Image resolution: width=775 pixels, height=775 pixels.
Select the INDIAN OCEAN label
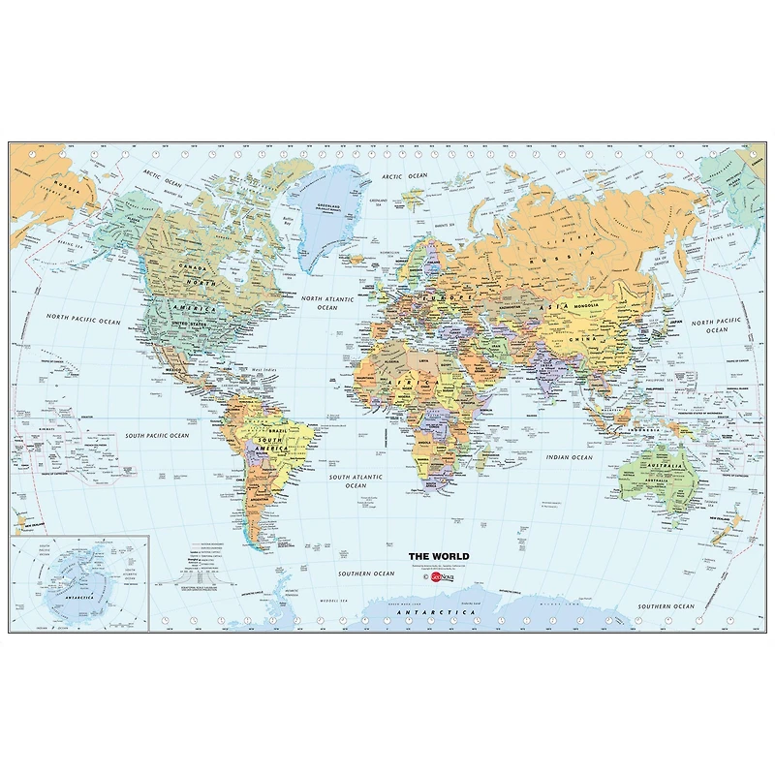(x=569, y=457)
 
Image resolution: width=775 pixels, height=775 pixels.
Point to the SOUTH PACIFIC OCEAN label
(x=156, y=436)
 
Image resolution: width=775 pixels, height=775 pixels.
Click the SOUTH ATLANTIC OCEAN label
(x=356, y=481)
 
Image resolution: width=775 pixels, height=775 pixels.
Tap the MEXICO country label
(x=175, y=369)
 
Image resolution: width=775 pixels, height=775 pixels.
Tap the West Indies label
(x=264, y=369)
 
